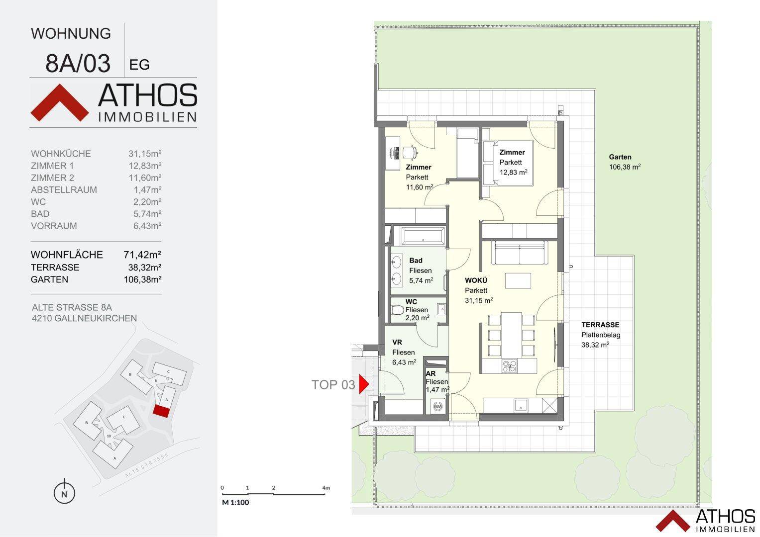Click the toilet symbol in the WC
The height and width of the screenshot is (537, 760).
click(398, 310)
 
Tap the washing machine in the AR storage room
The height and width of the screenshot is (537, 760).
click(438, 406)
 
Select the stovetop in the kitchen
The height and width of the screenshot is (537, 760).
click(509, 366)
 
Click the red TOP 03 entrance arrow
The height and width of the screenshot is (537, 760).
click(363, 384)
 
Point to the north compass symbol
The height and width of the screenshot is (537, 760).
click(64, 493)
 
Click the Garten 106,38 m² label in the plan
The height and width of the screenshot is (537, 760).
click(624, 162)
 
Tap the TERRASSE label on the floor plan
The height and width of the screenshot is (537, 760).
click(600, 325)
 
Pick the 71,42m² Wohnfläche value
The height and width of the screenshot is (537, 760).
click(142, 255)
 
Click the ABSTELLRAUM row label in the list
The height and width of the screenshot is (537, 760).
click(64, 190)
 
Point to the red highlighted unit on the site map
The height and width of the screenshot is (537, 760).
click(161, 410)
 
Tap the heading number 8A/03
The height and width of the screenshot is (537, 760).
click(78, 63)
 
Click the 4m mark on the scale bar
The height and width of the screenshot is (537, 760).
click(326, 488)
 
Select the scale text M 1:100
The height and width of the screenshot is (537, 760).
click(235, 502)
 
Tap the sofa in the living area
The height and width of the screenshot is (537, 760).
click(520, 253)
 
